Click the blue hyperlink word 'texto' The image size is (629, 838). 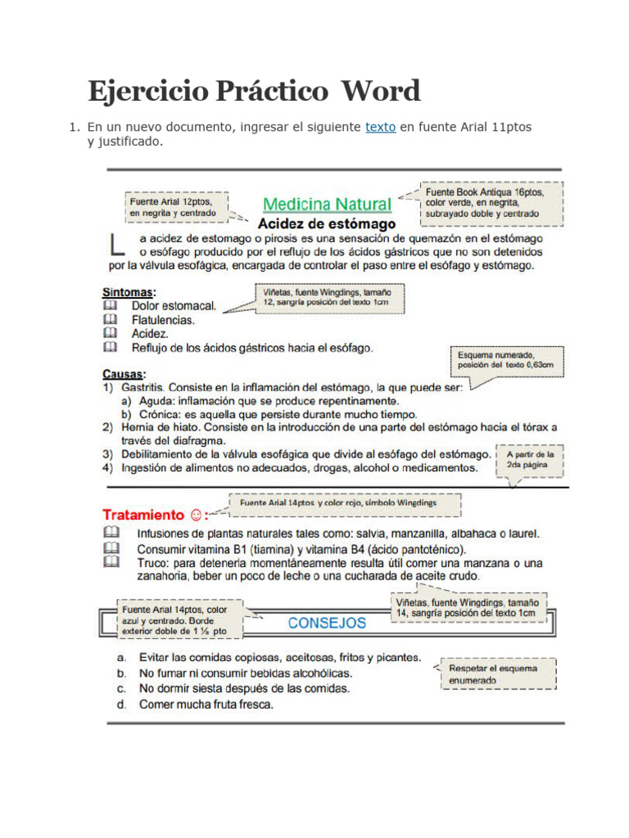[x=380, y=128]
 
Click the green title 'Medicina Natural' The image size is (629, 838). [x=327, y=204]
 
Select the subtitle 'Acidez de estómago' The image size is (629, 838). [x=327, y=223]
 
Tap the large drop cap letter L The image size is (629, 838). [x=117, y=245]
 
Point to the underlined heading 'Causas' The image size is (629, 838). [x=123, y=373]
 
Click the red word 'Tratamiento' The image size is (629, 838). [x=143, y=516]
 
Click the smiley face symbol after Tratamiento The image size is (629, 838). [x=196, y=516]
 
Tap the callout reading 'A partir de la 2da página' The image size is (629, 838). [x=530, y=459]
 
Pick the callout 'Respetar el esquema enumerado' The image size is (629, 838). [x=499, y=674]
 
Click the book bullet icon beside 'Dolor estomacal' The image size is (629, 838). [x=110, y=305]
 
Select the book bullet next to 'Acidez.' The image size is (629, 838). [x=110, y=334]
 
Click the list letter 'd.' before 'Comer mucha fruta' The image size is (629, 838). [x=121, y=704]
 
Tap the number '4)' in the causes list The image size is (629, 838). [x=107, y=467]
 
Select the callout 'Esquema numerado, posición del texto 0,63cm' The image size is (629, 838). [x=506, y=361]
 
